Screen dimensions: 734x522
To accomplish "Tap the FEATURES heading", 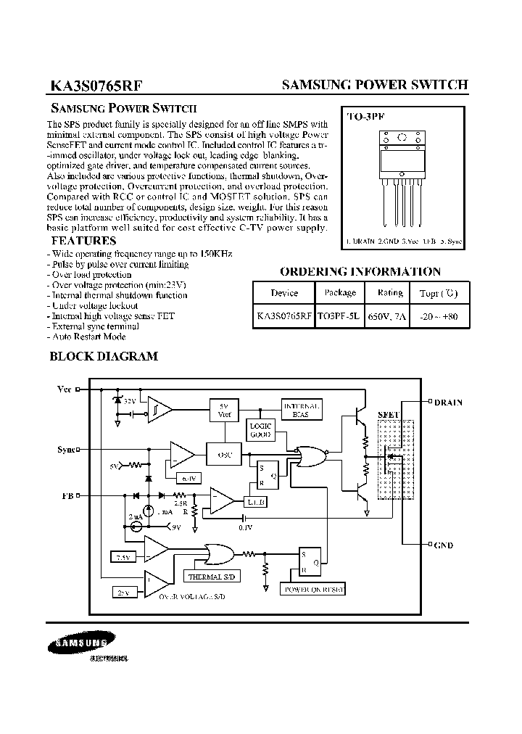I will click(83, 241).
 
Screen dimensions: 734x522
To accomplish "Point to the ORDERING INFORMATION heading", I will click(360, 272).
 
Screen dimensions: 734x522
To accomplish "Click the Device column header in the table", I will click(284, 293).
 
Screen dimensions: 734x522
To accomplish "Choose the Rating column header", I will click(390, 293).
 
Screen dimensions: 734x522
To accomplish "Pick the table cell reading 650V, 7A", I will click(390, 316).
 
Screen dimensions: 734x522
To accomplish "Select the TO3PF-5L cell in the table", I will click(340, 316).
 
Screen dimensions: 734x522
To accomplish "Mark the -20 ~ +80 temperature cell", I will click(439, 316).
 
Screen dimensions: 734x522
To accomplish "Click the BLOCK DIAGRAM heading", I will click(103, 356).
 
